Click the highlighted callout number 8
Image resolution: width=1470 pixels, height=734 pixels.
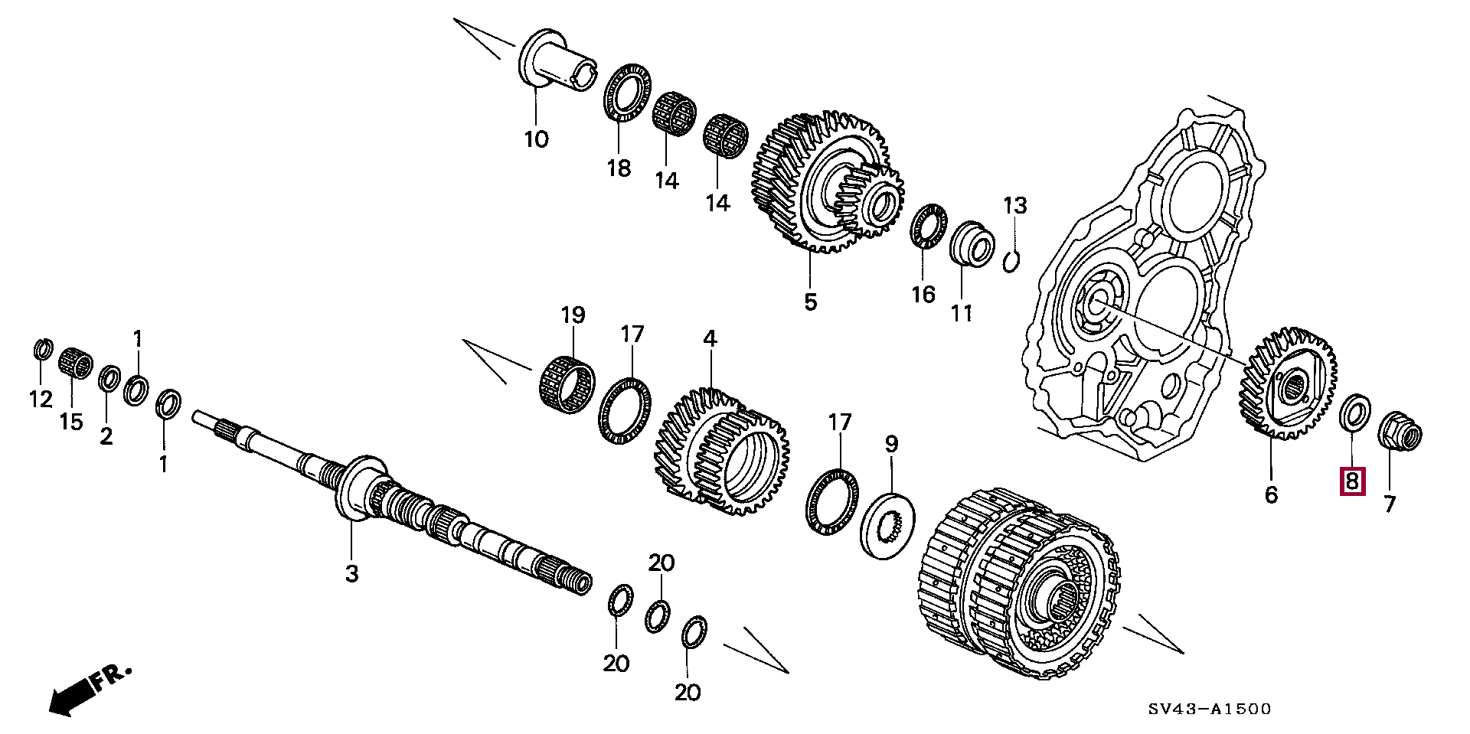point(1352,481)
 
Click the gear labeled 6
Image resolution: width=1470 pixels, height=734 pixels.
point(1288,383)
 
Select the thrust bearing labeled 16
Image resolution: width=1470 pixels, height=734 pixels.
point(929,227)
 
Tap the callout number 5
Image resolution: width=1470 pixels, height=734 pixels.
point(810,302)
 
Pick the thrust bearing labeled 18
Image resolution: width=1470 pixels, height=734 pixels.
point(628,93)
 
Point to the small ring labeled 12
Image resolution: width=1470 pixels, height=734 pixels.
point(44,349)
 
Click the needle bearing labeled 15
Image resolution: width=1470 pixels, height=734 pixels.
point(75,360)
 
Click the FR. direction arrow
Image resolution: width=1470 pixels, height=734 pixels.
point(89,690)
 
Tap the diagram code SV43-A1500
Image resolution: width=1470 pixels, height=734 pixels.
point(1209,710)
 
